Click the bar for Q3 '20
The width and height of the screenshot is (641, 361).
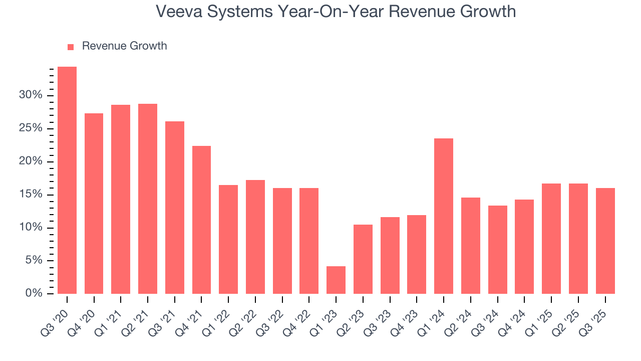(67, 180)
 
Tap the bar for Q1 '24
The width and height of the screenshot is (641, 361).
(444, 216)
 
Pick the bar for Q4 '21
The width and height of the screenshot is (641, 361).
(201, 220)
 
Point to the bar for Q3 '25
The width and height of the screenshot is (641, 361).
(605, 241)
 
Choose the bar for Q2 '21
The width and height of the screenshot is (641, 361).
(148, 199)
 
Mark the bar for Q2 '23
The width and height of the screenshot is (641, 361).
(363, 259)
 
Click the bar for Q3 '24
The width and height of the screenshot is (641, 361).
(497, 249)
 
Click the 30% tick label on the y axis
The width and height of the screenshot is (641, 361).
(31, 95)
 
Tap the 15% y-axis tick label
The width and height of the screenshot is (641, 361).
(31, 195)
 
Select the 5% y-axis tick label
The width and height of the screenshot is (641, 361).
(33, 260)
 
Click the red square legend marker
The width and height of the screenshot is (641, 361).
(71, 47)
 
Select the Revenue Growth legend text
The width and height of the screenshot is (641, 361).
(124, 46)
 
